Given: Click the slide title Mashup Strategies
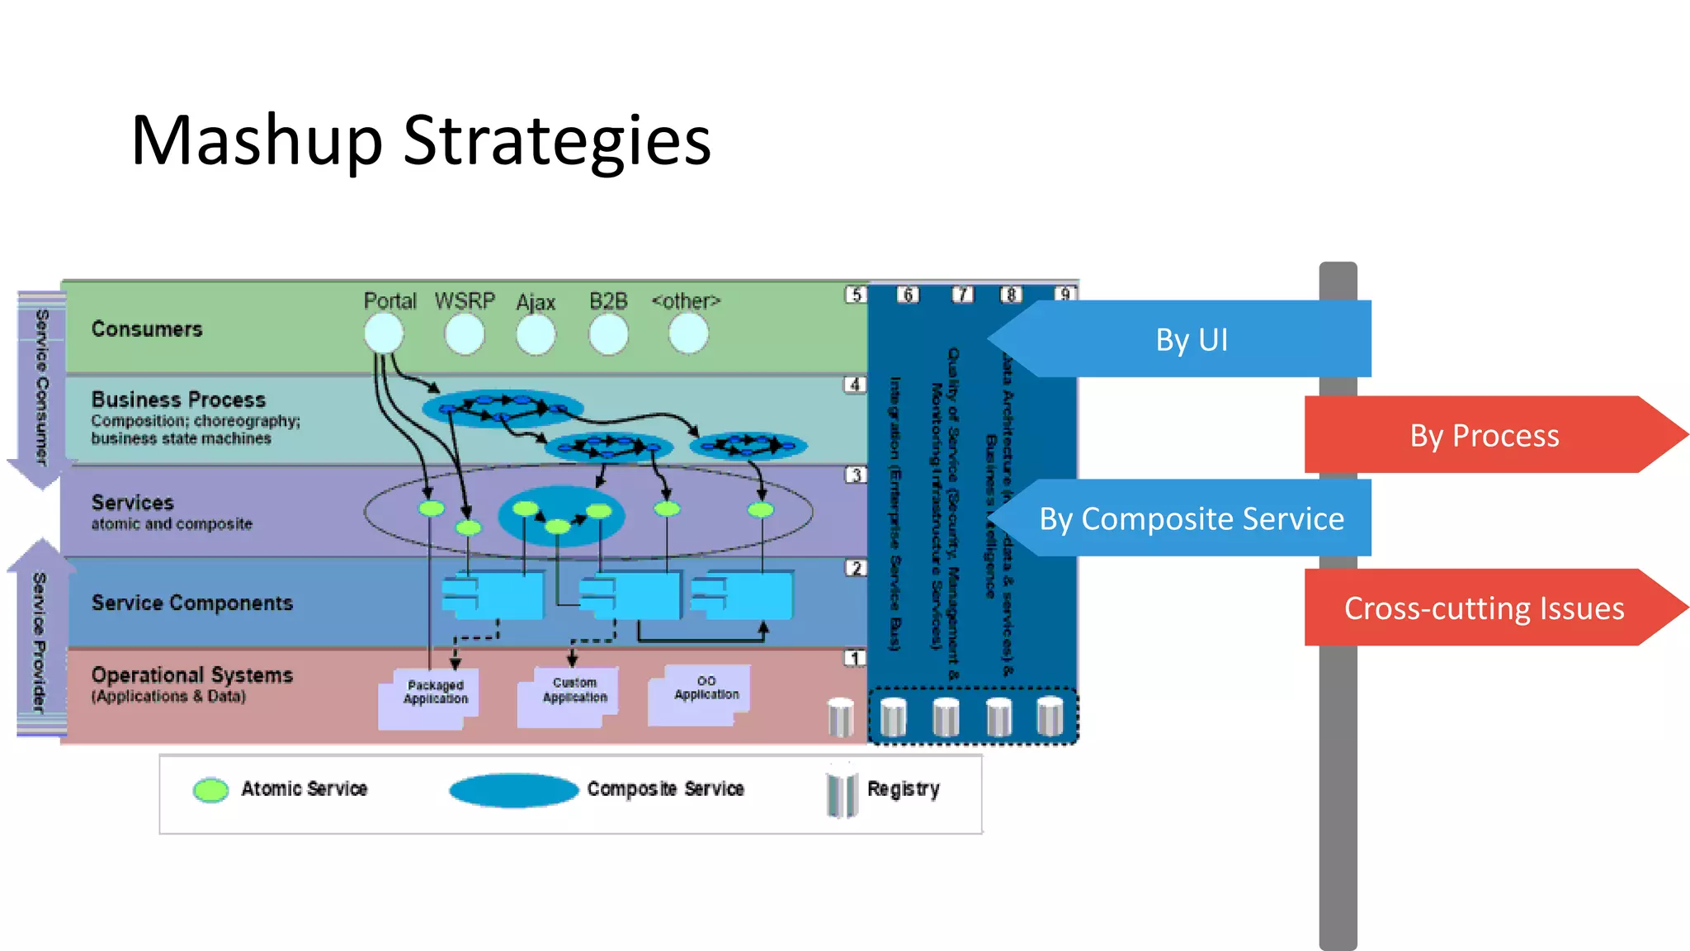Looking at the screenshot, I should point(421,140).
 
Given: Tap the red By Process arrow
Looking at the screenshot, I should point(1485,435).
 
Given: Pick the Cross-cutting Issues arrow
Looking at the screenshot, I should point(1485,608).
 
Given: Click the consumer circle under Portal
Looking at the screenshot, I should point(384,334).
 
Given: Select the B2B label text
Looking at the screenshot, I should point(608,301).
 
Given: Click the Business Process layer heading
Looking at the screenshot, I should point(178,400).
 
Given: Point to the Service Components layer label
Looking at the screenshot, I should point(192,603).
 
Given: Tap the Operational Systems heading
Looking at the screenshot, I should point(192,675).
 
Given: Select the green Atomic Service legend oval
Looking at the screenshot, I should point(211,790).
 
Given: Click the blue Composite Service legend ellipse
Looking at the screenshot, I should point(513,790).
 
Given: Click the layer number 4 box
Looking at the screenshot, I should point(855,385).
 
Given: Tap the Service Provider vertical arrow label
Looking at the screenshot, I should point(39,640).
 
